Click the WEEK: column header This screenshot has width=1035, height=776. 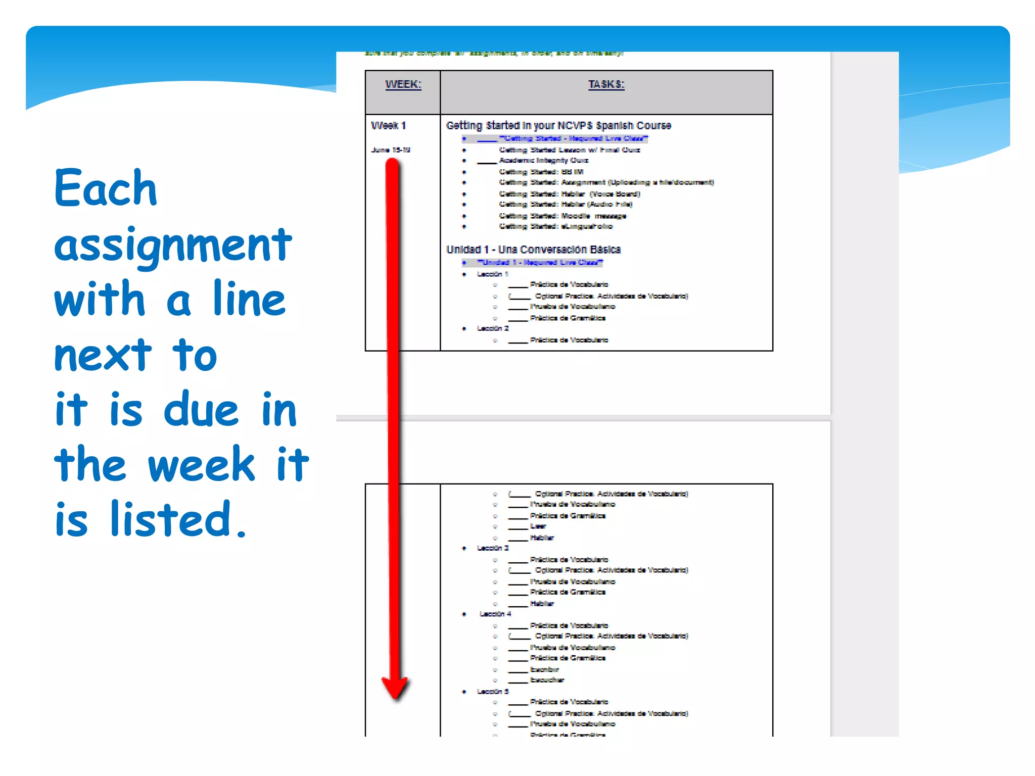click(x=403, y=84)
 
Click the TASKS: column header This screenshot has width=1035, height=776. click(x=606, y=84)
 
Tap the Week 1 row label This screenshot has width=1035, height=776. click(x=388, y=125)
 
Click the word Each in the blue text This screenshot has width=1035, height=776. click(x=106, y=188)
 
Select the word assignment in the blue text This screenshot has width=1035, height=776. click(x=173, y=245)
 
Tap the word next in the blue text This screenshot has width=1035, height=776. click(x=103, y=355)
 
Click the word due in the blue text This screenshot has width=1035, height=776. click(x=201, y=409)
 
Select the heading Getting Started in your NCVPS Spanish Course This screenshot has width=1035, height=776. click(x=558, y=125)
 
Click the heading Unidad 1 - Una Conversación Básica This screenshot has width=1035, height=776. click(x=533, y=250)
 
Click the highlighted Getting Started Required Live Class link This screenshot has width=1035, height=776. click(x=573, y=138)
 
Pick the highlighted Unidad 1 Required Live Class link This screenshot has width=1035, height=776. click(x=540, y=263)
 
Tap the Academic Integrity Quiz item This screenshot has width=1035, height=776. click(x=544, y=161)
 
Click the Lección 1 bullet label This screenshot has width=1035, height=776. click(x=493, y=274)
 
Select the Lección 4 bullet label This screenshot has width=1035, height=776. click(x=495, y=614)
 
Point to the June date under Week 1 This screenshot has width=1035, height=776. click(x=391, y=150)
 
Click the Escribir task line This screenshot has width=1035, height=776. click(x=544, y=669)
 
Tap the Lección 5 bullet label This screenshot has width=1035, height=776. click(x=493, y=692)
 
